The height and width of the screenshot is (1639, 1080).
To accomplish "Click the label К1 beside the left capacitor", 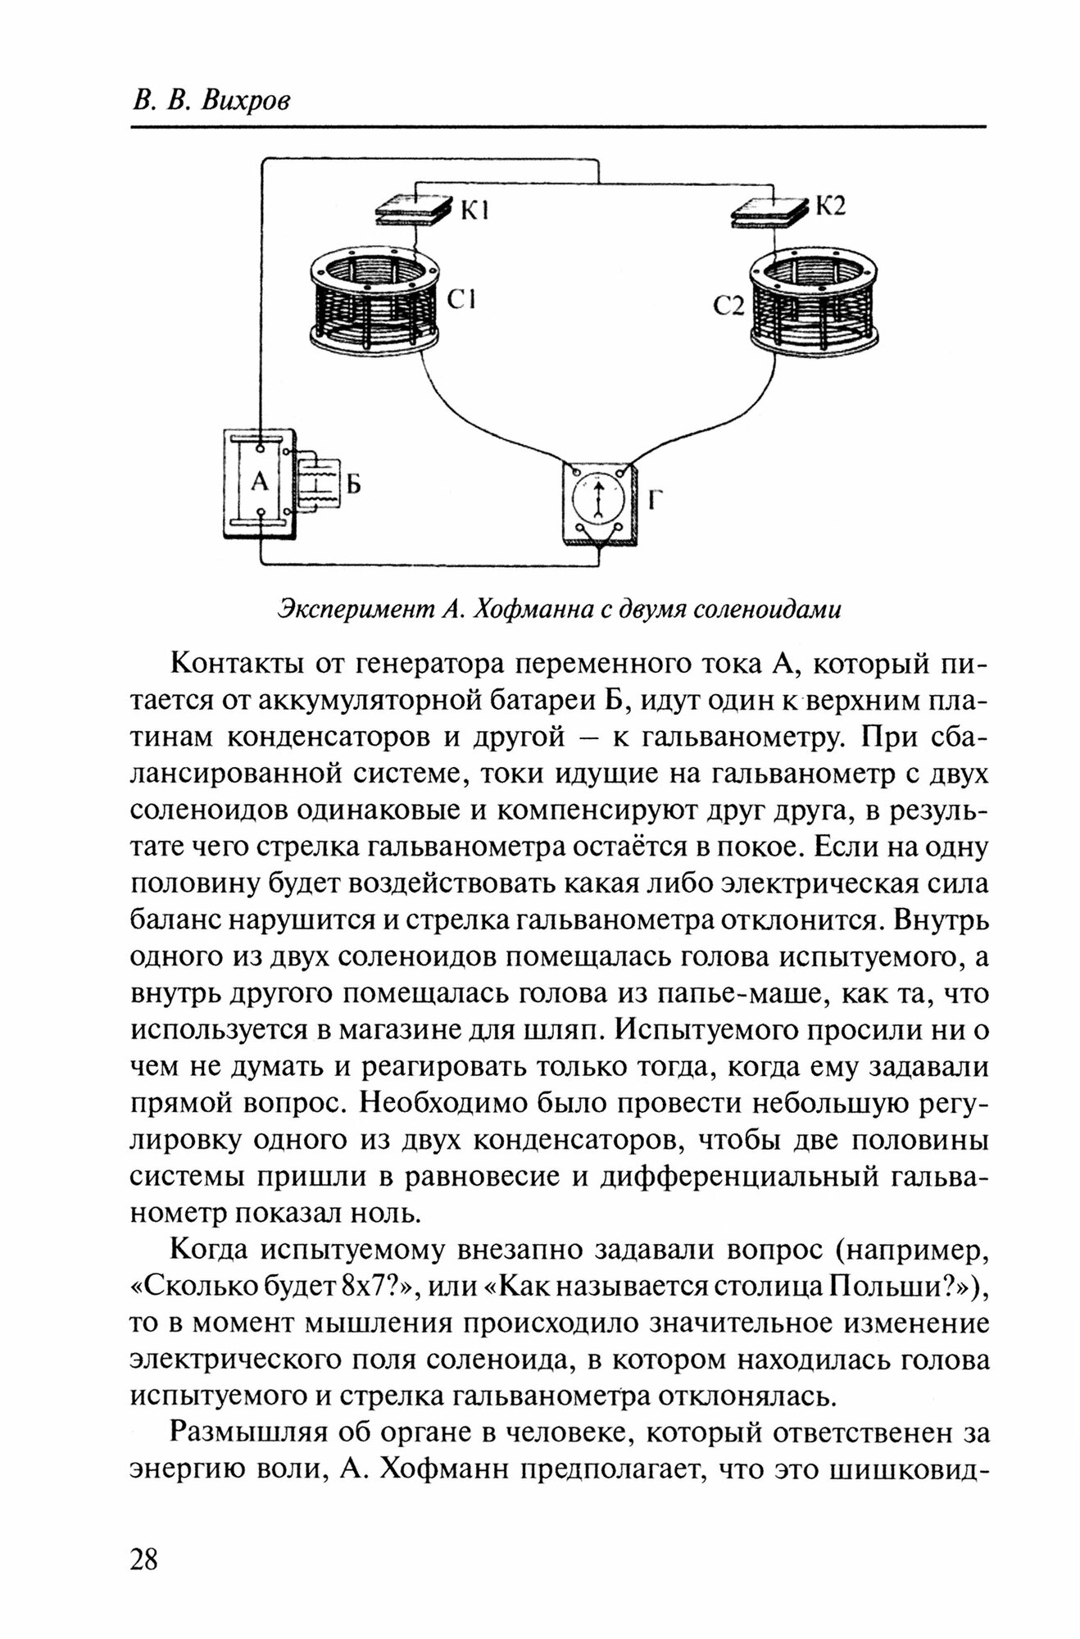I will pyautogui.click(x=474, y=211).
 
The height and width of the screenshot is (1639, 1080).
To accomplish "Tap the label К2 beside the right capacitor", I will pyautogui.click(x=829, y=205).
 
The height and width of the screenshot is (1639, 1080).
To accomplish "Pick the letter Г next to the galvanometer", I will pyautogui.click(x=654, y=499).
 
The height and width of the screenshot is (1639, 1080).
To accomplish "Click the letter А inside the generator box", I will pyautogui.click(x=259, y=481).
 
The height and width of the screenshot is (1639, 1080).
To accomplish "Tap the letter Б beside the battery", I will pyautogui.click(x=352, y=485).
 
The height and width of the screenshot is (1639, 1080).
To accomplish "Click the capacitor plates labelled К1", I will pyautogui.click(x=414, y=210).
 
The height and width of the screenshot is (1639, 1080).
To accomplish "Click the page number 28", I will pyautogui.click(x=143, y=1559).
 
